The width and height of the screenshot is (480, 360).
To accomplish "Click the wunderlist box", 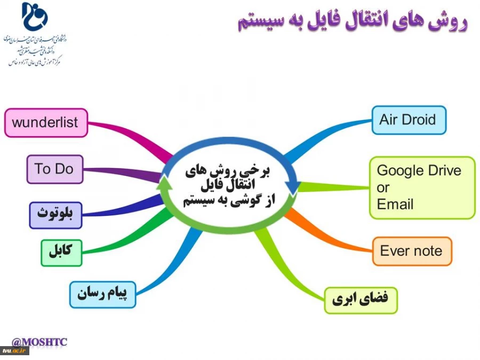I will [45, 123].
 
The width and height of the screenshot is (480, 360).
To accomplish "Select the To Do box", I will [54, 169].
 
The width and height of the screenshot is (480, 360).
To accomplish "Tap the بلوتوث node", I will [55, 215].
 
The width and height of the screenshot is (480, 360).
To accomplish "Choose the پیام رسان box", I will [102, 294].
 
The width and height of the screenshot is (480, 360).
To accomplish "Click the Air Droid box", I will [408, 120].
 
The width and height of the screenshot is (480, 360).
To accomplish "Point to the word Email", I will [395, 204].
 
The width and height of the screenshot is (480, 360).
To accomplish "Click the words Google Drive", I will [419, 171].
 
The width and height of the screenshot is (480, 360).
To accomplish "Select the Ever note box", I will [411, 251].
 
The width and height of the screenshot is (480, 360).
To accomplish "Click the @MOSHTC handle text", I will [39, 341].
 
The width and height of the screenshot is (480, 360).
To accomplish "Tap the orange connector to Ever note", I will [331, 229].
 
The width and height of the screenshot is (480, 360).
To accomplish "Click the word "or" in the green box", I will [383, 188].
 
